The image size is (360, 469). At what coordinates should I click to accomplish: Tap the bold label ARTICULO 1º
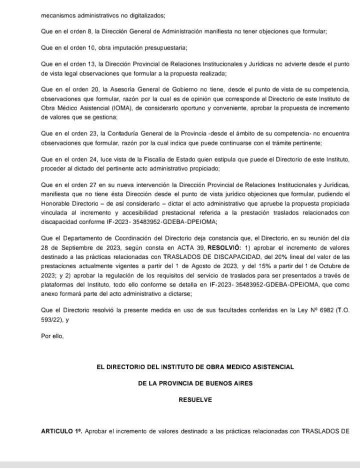60,431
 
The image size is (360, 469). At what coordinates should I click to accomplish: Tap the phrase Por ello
52,336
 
